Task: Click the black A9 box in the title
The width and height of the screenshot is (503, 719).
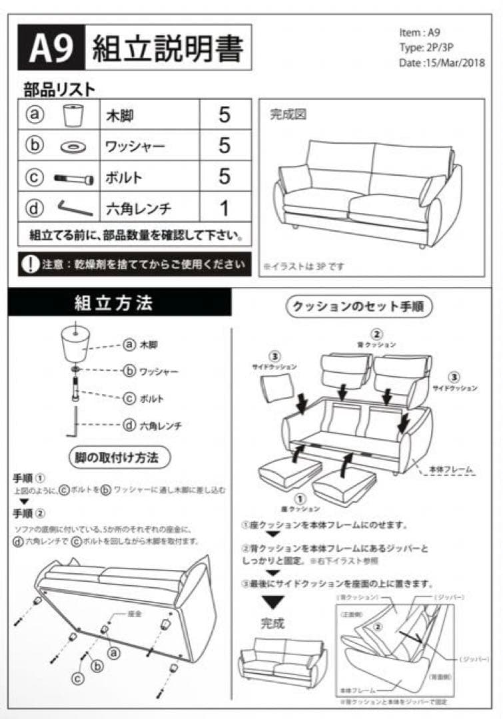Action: [x=51, y=48]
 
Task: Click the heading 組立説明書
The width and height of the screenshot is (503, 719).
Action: [x=167, y=48]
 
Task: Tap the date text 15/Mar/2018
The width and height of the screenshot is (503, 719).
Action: [x=442, y=63]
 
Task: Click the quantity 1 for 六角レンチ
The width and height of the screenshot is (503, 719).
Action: [x=225, y=208]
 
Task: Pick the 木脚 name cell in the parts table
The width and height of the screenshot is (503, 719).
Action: [x=121, y=115]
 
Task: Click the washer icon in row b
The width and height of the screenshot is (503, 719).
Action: [x=72, y=146]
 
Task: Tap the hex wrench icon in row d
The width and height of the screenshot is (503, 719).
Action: [x=73, y=208]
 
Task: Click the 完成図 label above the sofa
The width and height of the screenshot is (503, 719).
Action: [x=288, y=114]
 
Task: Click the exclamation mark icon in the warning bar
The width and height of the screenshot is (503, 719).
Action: [x=30, y=264]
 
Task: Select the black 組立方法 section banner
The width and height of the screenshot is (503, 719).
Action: [x=120, y=304]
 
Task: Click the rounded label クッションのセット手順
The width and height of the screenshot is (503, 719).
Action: [x=360, y=306]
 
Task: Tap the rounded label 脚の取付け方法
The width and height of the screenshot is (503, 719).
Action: [x=120, y=457]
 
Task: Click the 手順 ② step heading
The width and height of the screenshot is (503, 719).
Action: [x=29, y=513]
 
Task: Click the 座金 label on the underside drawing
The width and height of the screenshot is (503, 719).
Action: [x=136, y=614]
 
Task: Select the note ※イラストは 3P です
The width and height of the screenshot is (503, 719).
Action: [x=304, y=266]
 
